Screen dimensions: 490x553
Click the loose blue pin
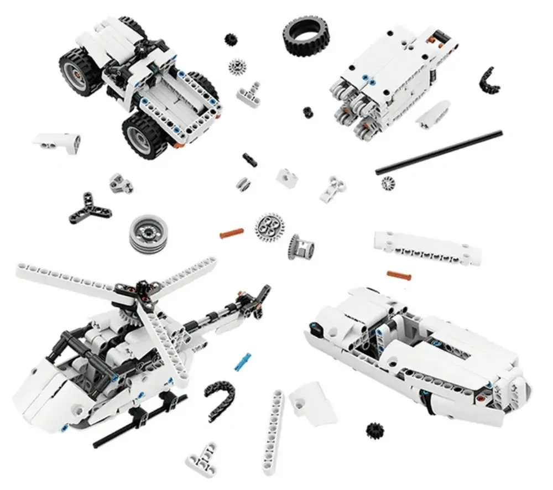coord(243,359)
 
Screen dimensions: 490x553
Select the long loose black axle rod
coord(439,152)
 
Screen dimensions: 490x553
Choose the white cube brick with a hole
coord(288,177)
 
